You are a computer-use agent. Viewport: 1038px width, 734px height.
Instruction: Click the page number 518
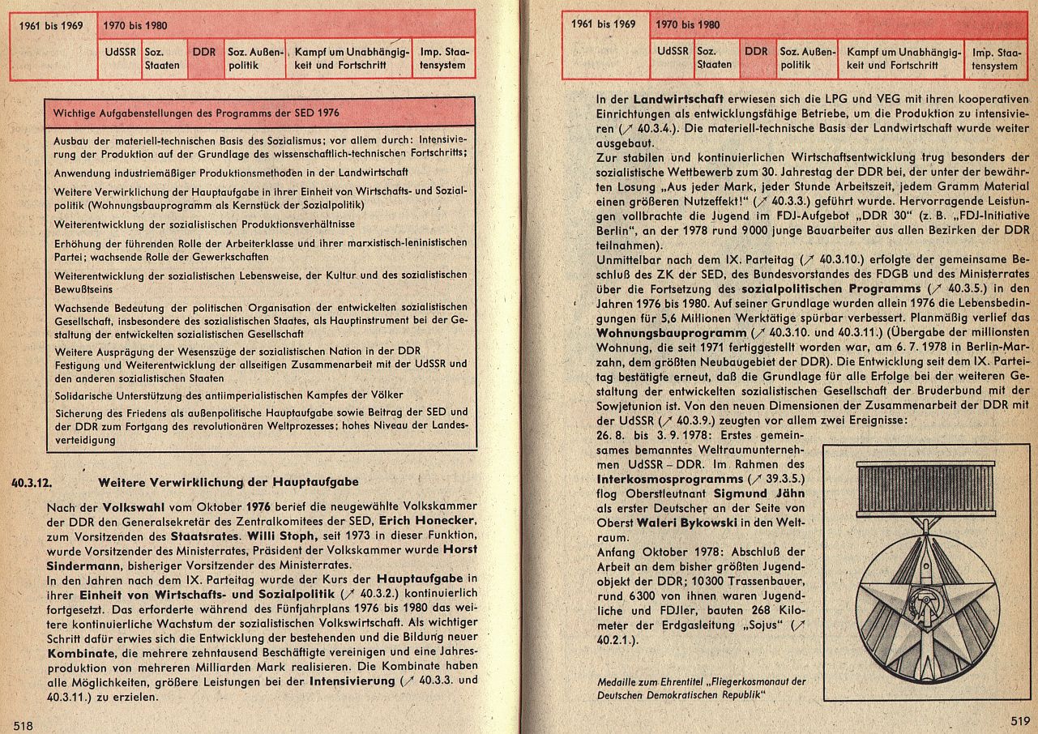coord(23,725)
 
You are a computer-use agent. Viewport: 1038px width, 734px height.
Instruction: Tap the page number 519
coord(1019,720)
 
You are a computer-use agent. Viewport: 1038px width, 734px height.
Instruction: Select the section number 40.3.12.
coord(33,483)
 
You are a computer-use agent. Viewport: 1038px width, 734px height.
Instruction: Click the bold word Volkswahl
coord(130,506)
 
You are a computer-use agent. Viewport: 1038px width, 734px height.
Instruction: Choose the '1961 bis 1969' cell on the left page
coord(53,24)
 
